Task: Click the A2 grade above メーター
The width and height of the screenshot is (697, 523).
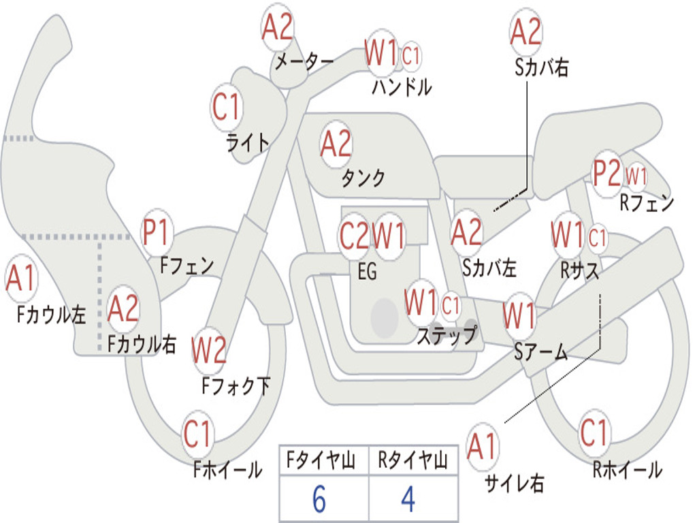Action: coord(277,29)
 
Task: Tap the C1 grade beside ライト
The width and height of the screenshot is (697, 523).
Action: coord(227,107)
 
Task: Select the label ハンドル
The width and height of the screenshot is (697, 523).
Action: coord(402,87)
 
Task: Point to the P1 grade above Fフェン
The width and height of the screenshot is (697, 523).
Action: coord(157,234)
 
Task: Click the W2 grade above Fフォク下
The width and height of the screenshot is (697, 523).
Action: coord(209,351)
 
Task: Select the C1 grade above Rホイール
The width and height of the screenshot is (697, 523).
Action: coord(594,432)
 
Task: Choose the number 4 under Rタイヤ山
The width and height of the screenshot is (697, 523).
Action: coord(408,501)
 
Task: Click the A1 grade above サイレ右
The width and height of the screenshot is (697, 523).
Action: coord(483,447)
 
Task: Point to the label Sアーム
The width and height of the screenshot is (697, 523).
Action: coord(540,351)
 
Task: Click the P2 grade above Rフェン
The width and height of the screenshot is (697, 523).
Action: coord(607,174)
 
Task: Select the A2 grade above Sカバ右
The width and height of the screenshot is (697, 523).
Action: coord(525,32)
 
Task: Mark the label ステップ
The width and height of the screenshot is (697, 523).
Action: coord(447,335)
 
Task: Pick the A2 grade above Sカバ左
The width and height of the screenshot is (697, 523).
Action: coord(467,232)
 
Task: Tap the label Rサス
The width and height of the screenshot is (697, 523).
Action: coord(580,270)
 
